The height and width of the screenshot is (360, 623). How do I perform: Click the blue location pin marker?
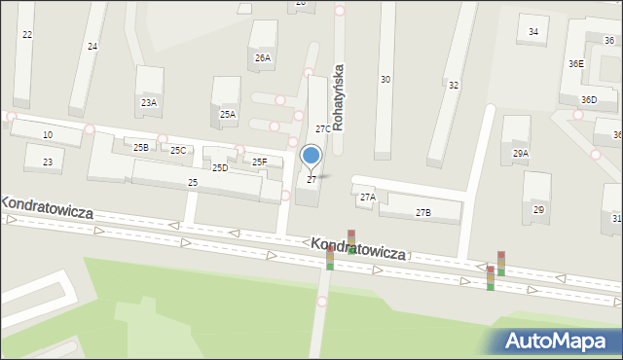click(311, 156)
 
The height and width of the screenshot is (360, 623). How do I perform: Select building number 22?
click(27, 35)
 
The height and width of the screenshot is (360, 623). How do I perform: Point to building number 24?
click(92, 46)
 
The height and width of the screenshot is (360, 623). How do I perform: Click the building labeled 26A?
click(263, 57)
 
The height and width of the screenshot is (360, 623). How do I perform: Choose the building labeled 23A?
click(149, 102)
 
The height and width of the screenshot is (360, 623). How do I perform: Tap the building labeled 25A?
click(227, 114)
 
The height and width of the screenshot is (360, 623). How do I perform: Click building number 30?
click(385, 79)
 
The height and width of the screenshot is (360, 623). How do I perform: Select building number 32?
click(454, 85)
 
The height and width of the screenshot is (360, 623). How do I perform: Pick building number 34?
click(533, 31)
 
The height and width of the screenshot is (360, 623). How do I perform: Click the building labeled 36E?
click(576, 63)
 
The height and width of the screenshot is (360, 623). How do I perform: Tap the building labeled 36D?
click(589, 99)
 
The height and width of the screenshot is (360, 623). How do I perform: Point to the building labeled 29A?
click(521, 153)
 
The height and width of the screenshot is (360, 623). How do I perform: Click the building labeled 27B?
click(422, 212)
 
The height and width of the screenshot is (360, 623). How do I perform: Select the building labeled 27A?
click(367, 197)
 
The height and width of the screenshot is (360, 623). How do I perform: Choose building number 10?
click(47, 134)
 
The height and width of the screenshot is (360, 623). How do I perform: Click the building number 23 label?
click(47, 162)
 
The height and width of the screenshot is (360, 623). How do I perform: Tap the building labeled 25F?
click(260, 162)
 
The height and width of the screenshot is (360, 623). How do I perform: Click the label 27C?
click(322, 128)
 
